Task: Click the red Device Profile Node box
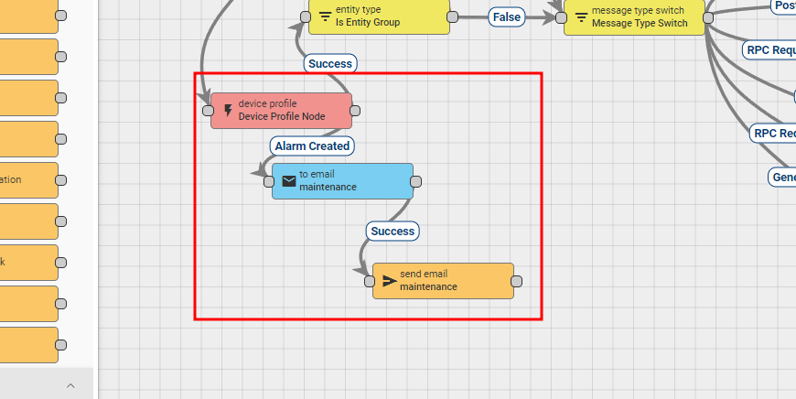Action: click(x=282, y=110)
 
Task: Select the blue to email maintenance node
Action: click(x=343, y=181)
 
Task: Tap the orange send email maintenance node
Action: click(x=444, y=281)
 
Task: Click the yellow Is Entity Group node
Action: click(x=379, y=16)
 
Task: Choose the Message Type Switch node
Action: click(x=635, y=16)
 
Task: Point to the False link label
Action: click(x=506, y=17)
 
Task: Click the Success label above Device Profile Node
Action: click(x=330, y=64)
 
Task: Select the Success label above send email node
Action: click(x=393, y=232)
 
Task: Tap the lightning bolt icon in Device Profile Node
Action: click(x=228, y=111)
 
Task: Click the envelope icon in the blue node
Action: click(x=289, y=181)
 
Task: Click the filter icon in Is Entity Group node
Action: click(x=325, y=16)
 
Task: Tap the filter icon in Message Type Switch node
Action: click(x=581, y=16)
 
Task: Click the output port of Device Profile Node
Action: click(x=355, y=111)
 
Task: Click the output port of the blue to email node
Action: click(x=416, y=181)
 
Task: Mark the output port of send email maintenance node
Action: click(x=517, y=281)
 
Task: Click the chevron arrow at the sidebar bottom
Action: click(x=70, y=386)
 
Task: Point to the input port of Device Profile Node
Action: click(x=208, y=111)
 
